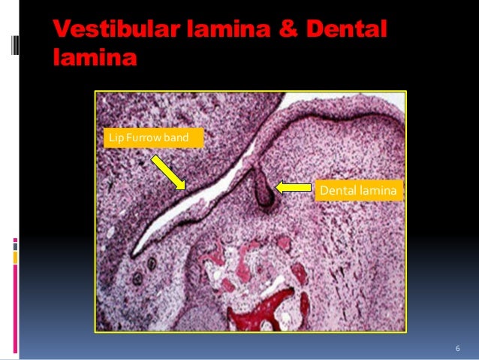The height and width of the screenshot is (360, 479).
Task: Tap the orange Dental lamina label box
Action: click(x=357, y=191)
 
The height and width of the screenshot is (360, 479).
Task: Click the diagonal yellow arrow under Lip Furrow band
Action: click(x=169, y=173)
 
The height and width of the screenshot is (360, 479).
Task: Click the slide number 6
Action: click(x=456, y=349)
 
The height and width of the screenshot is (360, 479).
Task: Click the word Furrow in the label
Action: click(x=140, y=138)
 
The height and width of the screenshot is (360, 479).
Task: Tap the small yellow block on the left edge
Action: click(x=15, y=257)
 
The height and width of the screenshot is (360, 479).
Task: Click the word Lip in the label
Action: click(x=115, y=138)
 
